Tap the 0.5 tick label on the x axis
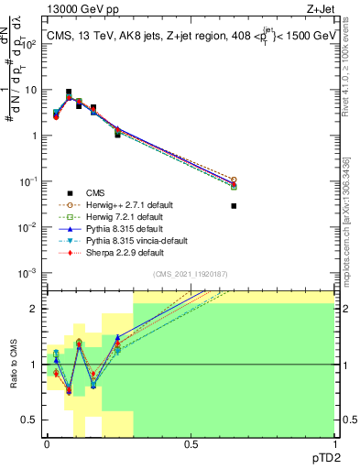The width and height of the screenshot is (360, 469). click(191, 444)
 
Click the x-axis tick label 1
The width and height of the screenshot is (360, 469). click(334, 444)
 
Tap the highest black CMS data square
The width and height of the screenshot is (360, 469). click(70, 93)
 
